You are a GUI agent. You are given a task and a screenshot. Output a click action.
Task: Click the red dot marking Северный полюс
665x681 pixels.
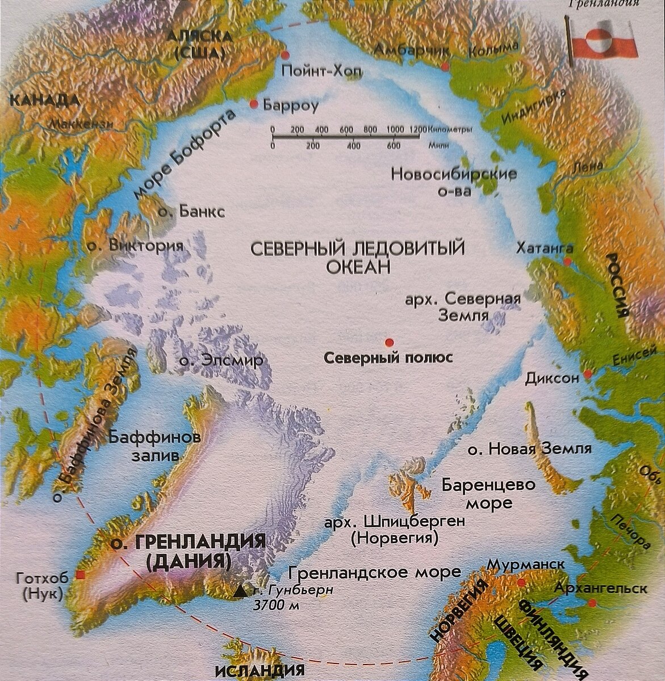[x=389, y=342]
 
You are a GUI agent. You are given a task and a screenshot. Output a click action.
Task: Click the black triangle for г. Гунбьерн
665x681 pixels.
[x=241, y=592]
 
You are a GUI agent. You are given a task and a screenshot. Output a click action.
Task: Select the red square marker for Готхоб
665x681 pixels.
[x=81, y=576]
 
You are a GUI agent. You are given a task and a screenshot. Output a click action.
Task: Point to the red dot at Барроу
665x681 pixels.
[x=254, y=104]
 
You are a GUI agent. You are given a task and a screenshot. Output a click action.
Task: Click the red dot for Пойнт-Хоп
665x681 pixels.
[x=285, y=54]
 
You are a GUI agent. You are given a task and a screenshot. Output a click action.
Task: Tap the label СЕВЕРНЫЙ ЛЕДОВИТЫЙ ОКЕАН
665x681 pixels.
[x=357, y=257]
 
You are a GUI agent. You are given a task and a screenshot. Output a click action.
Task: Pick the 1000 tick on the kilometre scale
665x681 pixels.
[x=395, y=130]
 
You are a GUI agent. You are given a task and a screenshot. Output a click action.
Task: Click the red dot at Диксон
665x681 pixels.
[x=588, y=374]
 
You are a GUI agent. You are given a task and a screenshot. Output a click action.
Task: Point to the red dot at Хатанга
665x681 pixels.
[x=567, y=261]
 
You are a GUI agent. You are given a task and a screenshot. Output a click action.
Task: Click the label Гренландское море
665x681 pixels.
[x=375, y=572]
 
